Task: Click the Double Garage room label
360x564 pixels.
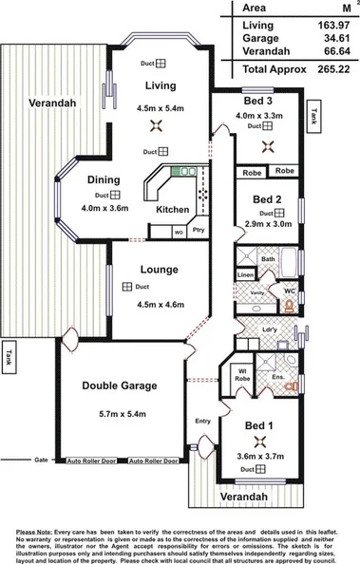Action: coord(119,385)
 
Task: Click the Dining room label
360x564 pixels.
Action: coord(103,179)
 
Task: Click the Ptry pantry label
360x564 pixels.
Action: coord(198,231)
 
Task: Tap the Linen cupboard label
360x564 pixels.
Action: coord(245,275)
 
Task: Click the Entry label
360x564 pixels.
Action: coord(203,421)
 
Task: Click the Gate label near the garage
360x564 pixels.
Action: coord(41,459)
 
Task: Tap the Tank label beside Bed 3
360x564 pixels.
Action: coord(313,117)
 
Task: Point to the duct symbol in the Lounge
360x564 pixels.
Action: coord(126,286)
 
